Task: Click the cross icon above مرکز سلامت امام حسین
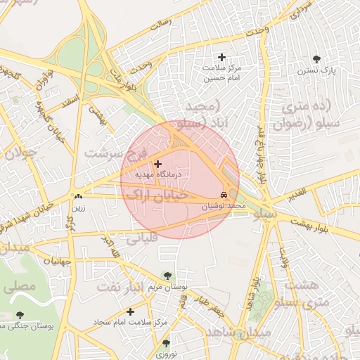tap(222, 57)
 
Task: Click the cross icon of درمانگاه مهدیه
tap(157, 163)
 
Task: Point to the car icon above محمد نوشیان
tap(223, 195)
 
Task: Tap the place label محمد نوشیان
tap(224, 206)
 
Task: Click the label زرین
tap(77, 207)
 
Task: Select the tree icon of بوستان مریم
tap(167, 275)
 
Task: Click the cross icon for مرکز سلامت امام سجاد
tap(130, 311)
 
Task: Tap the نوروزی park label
tap(165, 354)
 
